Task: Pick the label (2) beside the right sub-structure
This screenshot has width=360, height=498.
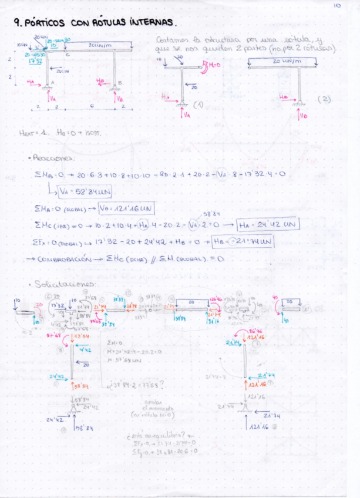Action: pyautogui.click(x=324, y=99)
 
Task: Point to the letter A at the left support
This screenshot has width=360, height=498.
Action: pyautogui.click(x=52, y=82)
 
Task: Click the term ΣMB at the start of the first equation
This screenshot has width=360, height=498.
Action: pyautogui.click(x=43, y=175)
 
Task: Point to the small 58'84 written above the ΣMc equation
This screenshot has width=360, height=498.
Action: pyautogui.click(x=210, y=215)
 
